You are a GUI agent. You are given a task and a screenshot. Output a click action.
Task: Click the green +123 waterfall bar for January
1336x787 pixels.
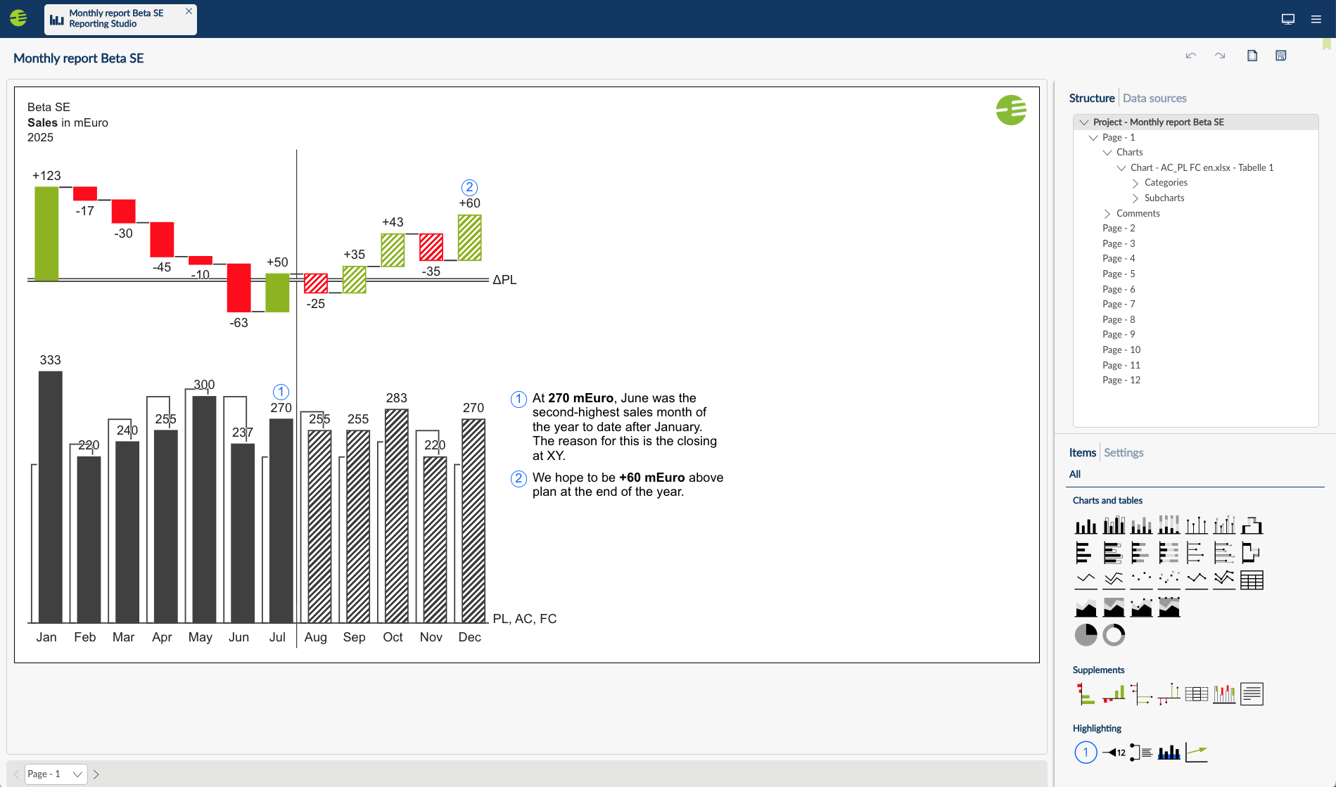point(46,233)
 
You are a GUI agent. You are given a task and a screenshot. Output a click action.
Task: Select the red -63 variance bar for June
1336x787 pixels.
point(238,288)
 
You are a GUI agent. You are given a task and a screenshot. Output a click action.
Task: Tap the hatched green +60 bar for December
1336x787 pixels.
point(469,238)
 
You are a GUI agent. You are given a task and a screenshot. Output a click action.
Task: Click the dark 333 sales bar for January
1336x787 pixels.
point(50,496)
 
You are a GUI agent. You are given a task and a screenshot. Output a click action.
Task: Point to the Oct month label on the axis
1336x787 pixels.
point(393,637)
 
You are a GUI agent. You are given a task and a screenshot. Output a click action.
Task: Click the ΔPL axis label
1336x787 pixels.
point(504,280)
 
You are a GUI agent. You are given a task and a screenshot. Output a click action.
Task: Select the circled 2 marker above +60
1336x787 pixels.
point(469,188)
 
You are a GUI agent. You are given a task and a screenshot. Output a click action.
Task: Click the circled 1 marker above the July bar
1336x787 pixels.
point(281,392)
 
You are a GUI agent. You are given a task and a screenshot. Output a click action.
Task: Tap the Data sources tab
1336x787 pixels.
point(1154,98)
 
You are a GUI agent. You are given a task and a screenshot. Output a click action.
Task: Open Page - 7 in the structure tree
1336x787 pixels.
point(1119,304)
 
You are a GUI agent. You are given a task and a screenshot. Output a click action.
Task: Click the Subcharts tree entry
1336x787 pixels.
point(1164,198)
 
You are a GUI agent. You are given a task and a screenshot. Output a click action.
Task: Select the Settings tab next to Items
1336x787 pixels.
point(1124,453)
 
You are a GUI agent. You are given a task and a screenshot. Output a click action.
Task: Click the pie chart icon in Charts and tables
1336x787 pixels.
point(1086,635)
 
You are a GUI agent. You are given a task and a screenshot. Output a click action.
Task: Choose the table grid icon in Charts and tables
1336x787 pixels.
point(1252,580)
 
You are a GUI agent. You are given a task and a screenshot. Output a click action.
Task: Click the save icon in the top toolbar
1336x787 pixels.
point(1280,56)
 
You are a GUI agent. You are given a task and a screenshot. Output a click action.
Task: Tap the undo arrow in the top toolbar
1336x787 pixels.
point(1190,56)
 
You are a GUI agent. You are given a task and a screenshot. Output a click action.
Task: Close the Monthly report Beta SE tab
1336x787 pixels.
point(189,11)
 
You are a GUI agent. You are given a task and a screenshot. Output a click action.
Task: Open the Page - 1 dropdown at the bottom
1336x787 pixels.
point(56,774)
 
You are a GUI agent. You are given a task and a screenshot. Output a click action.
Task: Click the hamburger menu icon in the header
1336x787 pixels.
point(1316,19)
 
